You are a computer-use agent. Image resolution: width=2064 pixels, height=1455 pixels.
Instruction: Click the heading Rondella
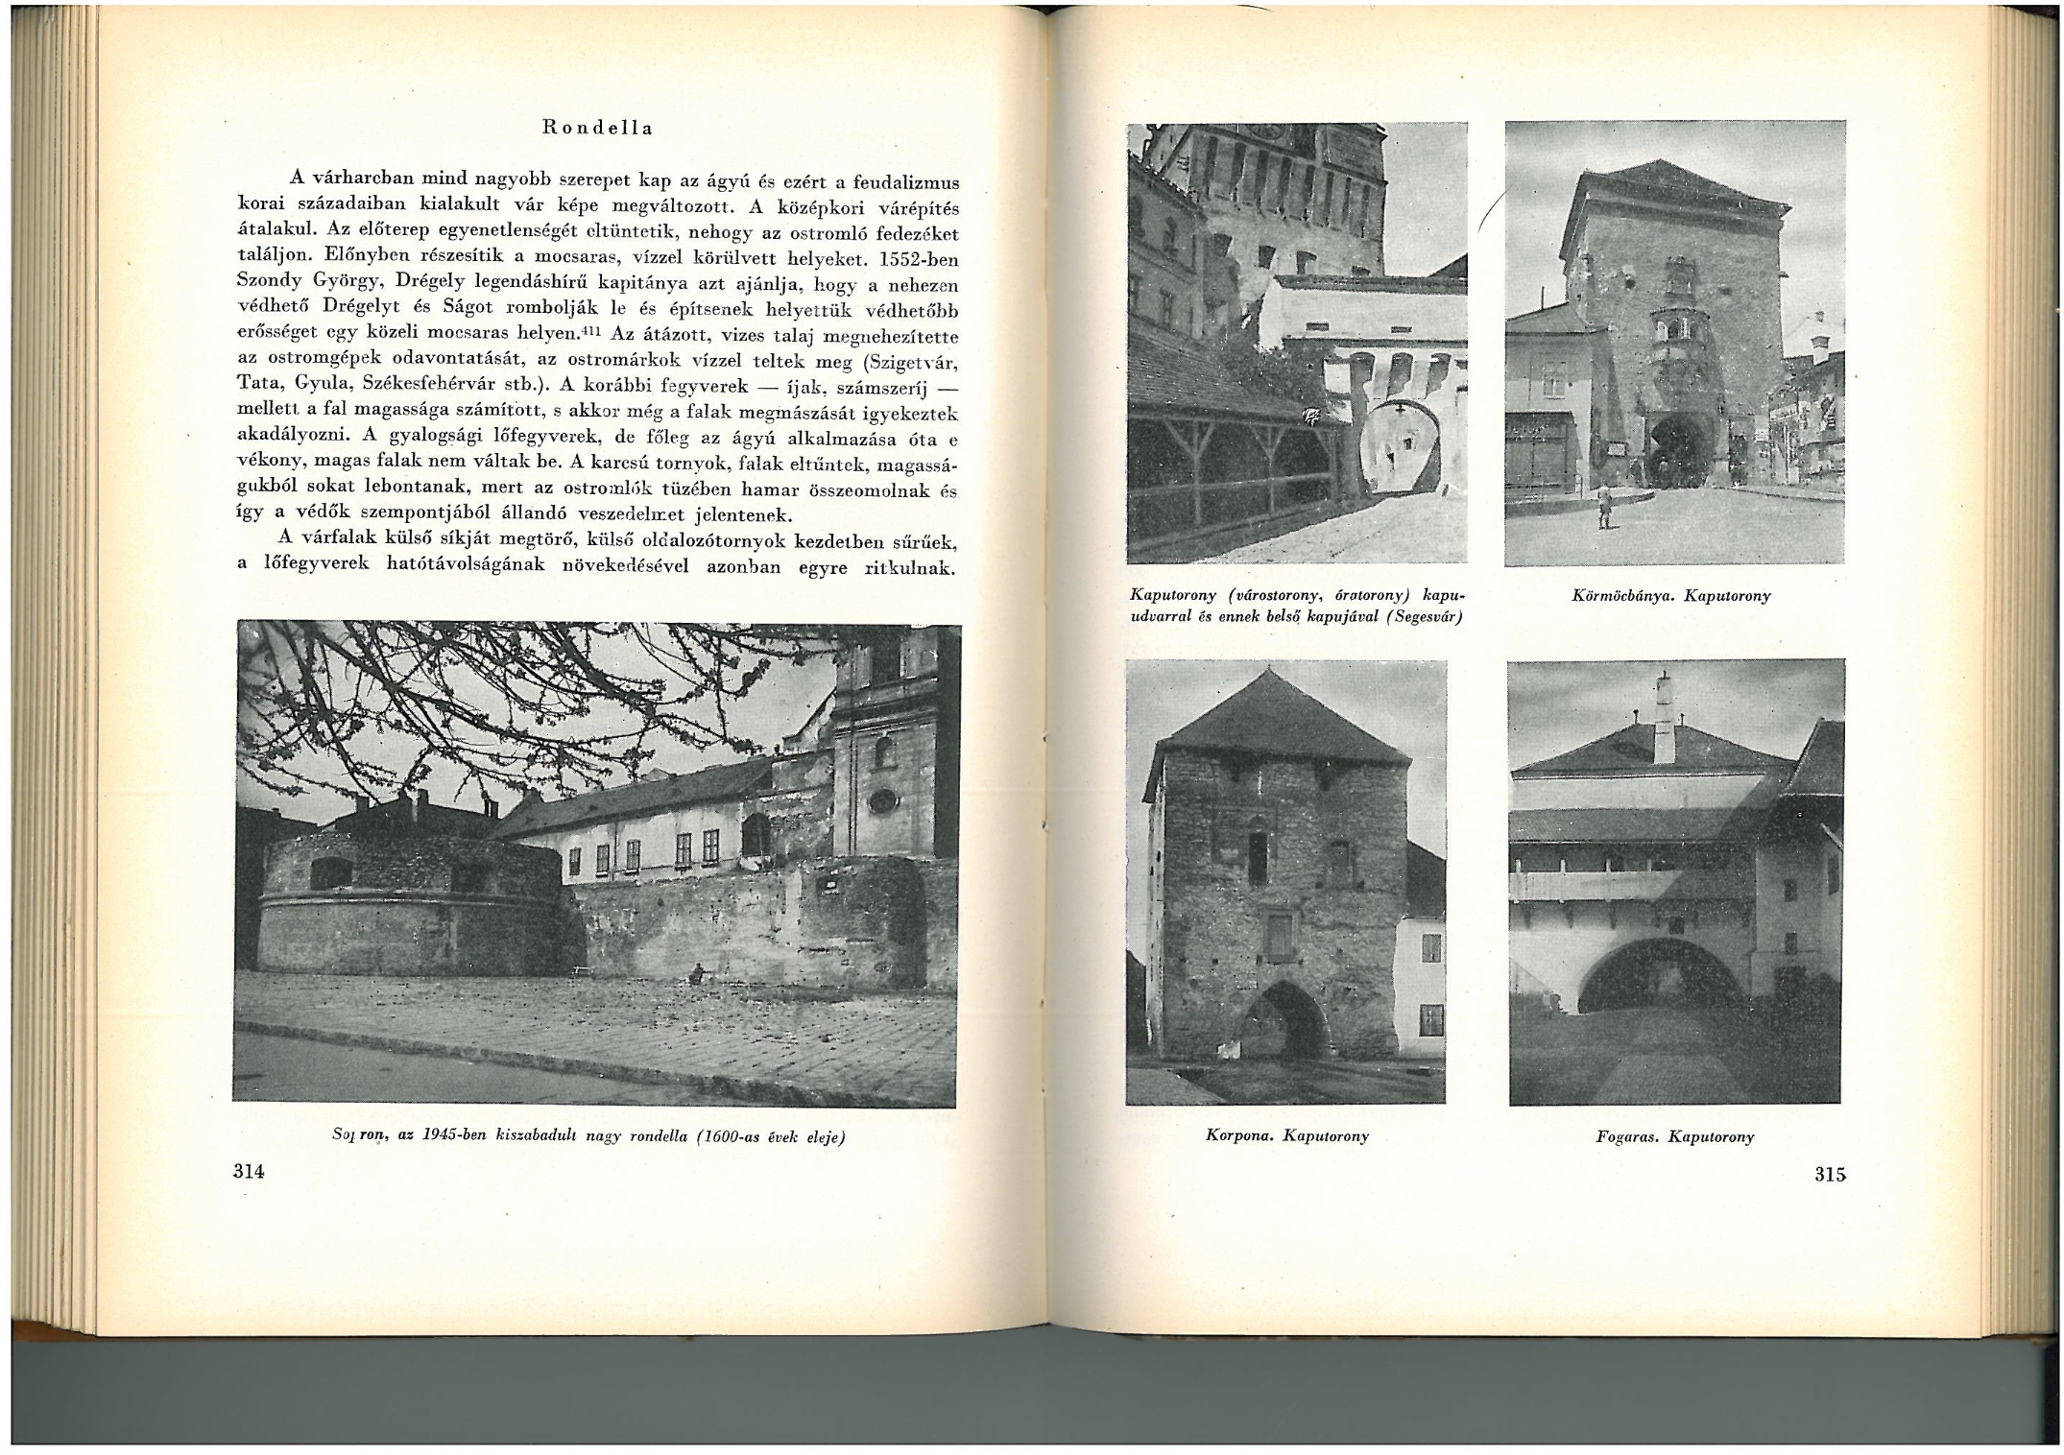tap(597, 128)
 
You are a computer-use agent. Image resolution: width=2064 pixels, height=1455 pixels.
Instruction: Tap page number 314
tap(249, 1171)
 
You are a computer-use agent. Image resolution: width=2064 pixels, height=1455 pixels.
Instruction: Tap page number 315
tap(1830, 1174)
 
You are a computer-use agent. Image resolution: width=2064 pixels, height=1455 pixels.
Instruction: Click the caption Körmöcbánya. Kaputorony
tap(1671, 596)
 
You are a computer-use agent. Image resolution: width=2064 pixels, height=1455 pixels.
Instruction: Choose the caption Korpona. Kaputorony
tap(1286, 1135)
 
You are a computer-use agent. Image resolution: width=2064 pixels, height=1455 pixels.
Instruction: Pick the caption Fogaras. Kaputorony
tap(1674, 1136)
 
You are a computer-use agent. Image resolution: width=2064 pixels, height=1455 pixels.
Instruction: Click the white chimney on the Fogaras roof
tap(1664, 715)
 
